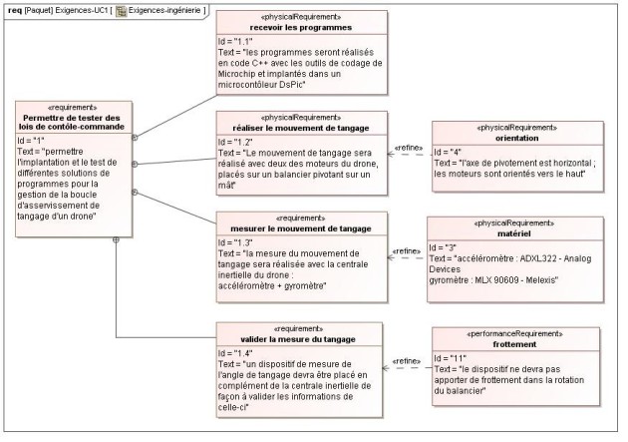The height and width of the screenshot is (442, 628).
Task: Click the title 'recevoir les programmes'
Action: tap(301, 28)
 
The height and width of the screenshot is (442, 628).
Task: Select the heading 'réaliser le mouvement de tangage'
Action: tap(301, 129)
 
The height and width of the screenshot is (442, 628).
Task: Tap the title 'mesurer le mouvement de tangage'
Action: tap(301, 228)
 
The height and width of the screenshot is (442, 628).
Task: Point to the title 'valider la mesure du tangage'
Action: tap(298, 339)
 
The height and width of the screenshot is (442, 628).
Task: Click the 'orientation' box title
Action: tap(517, 139)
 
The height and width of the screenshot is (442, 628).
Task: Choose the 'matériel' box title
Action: tap(513, 233)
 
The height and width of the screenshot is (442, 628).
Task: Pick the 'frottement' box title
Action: tap(514, 344)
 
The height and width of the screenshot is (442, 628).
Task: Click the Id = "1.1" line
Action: tap(235, 42)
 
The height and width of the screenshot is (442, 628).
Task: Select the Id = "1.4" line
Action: tap(235, 353)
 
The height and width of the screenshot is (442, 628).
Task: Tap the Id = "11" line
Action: tap(451, 358)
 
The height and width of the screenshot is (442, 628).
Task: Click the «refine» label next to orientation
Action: tap(409, 148)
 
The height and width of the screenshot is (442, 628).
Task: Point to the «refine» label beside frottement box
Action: tap(407, 361)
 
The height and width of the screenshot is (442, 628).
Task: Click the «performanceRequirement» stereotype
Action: tap(515, 334)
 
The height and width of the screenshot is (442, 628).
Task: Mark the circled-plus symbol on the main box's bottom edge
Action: tap(116, 239)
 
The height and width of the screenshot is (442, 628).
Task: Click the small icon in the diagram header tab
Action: tap(121, 11)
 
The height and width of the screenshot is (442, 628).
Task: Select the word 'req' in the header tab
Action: tap(15, 11)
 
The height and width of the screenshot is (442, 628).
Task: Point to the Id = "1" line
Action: tap(31, 141)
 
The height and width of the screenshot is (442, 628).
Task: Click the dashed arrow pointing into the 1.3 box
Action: tap(406, 257)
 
